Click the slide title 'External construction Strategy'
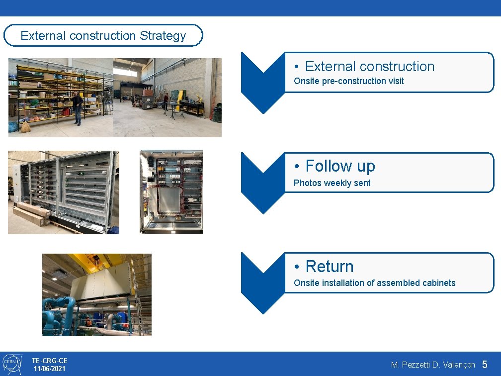[x=103, y=36]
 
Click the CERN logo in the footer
[x=12, y=364]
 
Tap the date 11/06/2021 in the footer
[x=49, y=369]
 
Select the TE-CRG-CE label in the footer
[x=49, y=360]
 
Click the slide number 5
[x=485, y=365]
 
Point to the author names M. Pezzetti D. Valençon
[x=433, y=365]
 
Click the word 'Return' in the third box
[x=329, y=267]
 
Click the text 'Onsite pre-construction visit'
[x=348, y=81]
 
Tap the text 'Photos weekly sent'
[x=332, y=183]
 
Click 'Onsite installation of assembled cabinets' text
[x=374, y=283]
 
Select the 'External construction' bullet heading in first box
[x=369, y=67]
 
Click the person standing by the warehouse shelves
[x=77, y=107]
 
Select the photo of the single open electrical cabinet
[x=171, y=191]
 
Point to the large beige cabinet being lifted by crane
[x=102, y=281]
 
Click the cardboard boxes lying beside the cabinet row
[x=31, y=214]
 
